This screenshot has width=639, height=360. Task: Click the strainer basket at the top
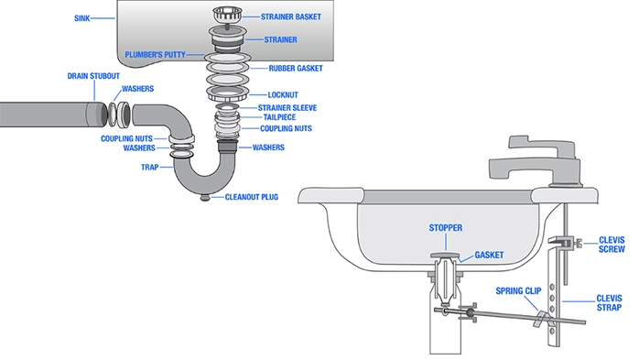pyautogui.click(x=227, y=14)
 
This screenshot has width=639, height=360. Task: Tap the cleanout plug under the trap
pyautogui.click(x=205, y=198)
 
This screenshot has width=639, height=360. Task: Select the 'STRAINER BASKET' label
pyautogui.click(x=291, y=16)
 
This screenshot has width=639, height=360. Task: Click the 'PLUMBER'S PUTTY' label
pyautogui.click(x=156, y=55)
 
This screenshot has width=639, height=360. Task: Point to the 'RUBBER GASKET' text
pyautogui.click(x=296, y=69)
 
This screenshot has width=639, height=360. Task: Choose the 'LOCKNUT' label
pyautogui.click(x=283, y=95)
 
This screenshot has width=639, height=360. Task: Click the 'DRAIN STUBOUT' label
pyautogui.click(x=93, y=76)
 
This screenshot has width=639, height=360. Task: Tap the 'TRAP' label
pyautogui.click(x=149, y=167)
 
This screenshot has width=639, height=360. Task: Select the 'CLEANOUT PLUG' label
pyautogui.click(x=252, y=197)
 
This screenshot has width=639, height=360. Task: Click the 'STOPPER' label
pyautogui.click(x=446, y=228)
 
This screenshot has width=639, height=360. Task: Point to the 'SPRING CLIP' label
pyautogui.click(x=518, y=291)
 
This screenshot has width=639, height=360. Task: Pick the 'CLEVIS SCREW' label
pyautogui.click(x=612, y=245)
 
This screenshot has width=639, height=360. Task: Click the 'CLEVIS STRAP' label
pyautogui.click(x=610, y=303)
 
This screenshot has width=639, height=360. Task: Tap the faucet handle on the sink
pyautogui.click(x=542, y=145)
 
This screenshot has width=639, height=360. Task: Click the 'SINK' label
pyautogui.click(x=81, y=18)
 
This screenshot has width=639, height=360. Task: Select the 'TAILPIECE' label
pyautogui.click(x=279, y=117)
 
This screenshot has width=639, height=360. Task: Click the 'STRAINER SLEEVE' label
pyautogui.click(x=287, y=108)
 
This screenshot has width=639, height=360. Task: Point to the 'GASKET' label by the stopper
pyautogui.click(x=489, y=256)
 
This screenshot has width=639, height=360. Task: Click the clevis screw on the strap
pyautogui.click(x=578, y=244)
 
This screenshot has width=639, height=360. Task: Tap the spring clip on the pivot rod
pyautogui.click(x=541, y=319)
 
